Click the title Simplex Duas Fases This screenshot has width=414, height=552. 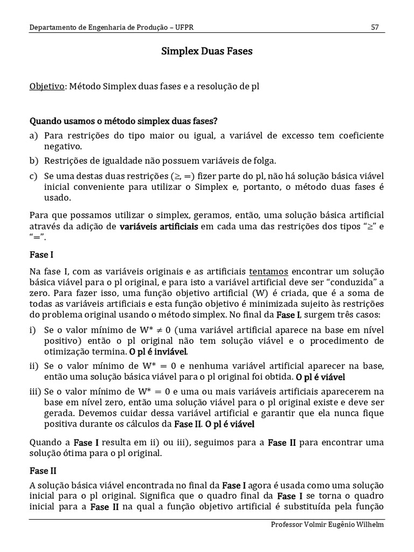coord(207,52)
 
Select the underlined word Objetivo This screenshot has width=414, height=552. coord(46,86)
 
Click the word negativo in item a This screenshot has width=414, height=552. coord(63,146)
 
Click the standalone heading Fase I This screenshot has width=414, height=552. coord(42,254)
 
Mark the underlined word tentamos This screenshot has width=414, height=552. coord(268,272)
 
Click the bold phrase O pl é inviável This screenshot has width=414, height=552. coord(158,351)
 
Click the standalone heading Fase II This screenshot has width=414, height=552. coord(43,470)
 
